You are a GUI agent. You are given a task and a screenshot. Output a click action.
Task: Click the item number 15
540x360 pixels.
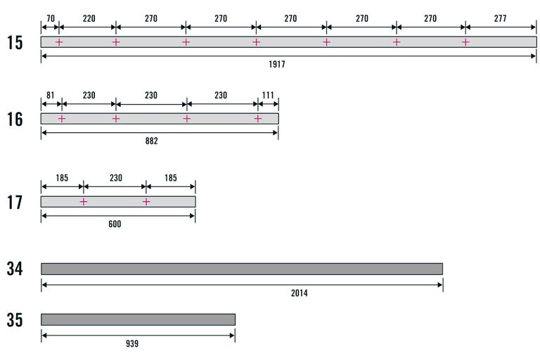[x=15, y=42]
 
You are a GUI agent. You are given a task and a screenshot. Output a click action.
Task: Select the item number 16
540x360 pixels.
[x=15, y=119]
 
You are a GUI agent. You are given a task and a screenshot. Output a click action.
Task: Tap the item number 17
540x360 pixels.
[x=15, y=202]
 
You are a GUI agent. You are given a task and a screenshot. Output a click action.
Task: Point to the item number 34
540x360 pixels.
[x=15, y=269]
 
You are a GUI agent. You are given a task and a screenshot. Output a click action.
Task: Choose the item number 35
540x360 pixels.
[x=15, y=320]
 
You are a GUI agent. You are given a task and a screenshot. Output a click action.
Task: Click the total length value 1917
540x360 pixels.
[x=276, y=65]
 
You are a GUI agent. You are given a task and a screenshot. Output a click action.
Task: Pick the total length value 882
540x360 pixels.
[x=151, y=141]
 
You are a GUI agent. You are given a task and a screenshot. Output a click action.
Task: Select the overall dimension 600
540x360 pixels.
[x=115, y=224]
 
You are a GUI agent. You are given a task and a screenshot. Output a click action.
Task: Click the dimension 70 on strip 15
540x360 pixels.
[x=51, y=18]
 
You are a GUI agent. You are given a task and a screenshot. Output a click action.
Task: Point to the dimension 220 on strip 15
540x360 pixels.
[x=88, y=18]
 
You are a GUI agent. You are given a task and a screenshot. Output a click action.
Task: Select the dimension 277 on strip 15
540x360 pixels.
[x=501, y=18]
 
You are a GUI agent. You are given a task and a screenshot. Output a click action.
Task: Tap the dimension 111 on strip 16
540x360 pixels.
[x=268, y=95]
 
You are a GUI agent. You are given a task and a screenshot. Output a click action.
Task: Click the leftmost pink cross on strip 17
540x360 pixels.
[x=84, y=202]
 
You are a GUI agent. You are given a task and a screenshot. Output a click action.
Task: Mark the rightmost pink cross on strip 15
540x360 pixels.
[x=465, y=42]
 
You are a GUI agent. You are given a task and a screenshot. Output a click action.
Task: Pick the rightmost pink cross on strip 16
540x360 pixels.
[x=258, y=119]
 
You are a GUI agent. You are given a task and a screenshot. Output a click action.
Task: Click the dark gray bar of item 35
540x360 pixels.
[x=138, y=319]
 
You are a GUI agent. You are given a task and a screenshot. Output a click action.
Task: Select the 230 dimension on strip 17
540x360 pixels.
[x=115, y=178]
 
